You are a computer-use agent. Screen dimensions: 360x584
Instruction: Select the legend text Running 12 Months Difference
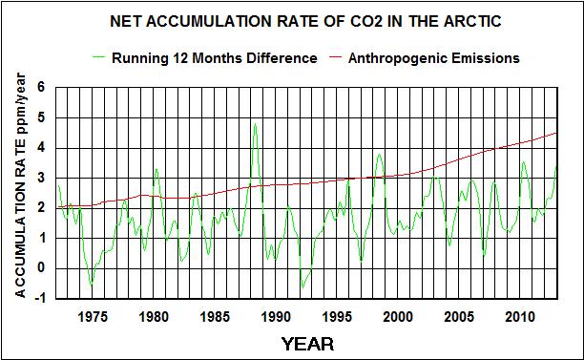[x=214, y=58]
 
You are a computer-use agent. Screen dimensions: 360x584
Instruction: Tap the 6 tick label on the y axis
[x=41, y=87]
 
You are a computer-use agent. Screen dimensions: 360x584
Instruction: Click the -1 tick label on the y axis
[x=39, y=298]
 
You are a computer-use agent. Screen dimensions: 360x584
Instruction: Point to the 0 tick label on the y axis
[x=41, y=267]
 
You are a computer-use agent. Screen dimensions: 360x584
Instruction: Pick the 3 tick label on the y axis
[x=41, y=178]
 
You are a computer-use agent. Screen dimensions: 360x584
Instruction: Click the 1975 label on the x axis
[x=93, y=316]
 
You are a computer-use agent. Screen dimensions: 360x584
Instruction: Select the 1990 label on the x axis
[x=276, y=316]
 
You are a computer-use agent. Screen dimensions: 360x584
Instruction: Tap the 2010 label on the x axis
[x=520, y=316]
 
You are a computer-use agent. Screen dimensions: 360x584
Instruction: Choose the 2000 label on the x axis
[x=398, y=316]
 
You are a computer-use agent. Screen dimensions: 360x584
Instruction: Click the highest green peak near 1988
[x=255, y=124]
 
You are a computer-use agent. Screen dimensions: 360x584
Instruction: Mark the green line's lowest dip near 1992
[x=302, y=286]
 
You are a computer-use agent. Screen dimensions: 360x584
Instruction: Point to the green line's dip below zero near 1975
[x=92, y=286]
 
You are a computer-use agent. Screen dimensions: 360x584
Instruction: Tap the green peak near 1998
[x=379, y=154]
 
